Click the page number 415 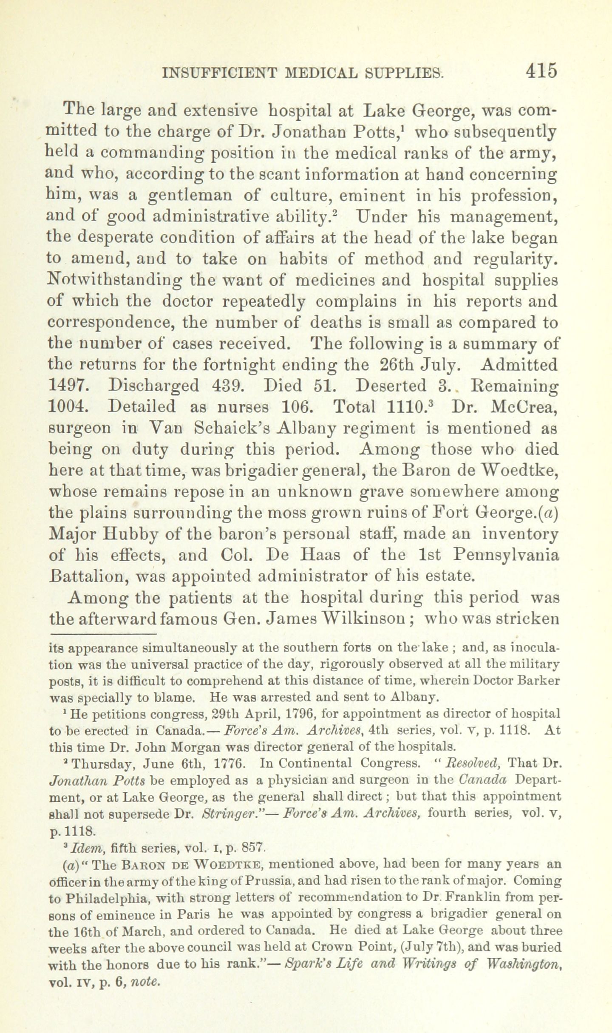coord(541,71)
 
